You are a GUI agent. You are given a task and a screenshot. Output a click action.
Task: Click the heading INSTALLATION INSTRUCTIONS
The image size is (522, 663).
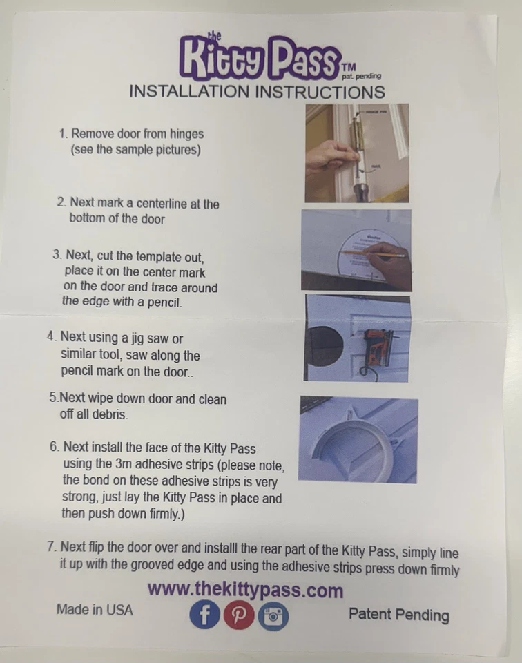pyautogui.click(x=257, y=92)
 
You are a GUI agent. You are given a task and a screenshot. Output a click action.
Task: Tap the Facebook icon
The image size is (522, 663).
pyautogui.click(x=204, y=615)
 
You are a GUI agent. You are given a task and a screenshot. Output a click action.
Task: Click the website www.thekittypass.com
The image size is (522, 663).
pyautogui.click(x=245, y=590)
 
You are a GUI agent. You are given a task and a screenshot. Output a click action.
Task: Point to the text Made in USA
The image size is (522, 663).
pyautogui.click(x=95, y=610)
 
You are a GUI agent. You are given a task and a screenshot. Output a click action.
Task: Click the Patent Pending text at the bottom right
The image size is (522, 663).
pyautogui.click(x=398, y=615)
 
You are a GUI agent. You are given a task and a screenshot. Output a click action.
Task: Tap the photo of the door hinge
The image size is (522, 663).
pyautogui.click(x=357, y=153)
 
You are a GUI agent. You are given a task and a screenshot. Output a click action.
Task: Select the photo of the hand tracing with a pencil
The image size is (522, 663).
pyautogui.click(x=356, y=249)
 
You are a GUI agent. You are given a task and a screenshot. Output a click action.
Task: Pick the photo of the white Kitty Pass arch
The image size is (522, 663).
pyautogui.click(x=358, y=439)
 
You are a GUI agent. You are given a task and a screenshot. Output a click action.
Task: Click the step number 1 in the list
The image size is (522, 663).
pyautogui.click(x=62, y=134)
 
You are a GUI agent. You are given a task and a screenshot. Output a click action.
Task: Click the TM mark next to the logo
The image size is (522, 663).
pyautogui.click(x=348, y=67)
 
